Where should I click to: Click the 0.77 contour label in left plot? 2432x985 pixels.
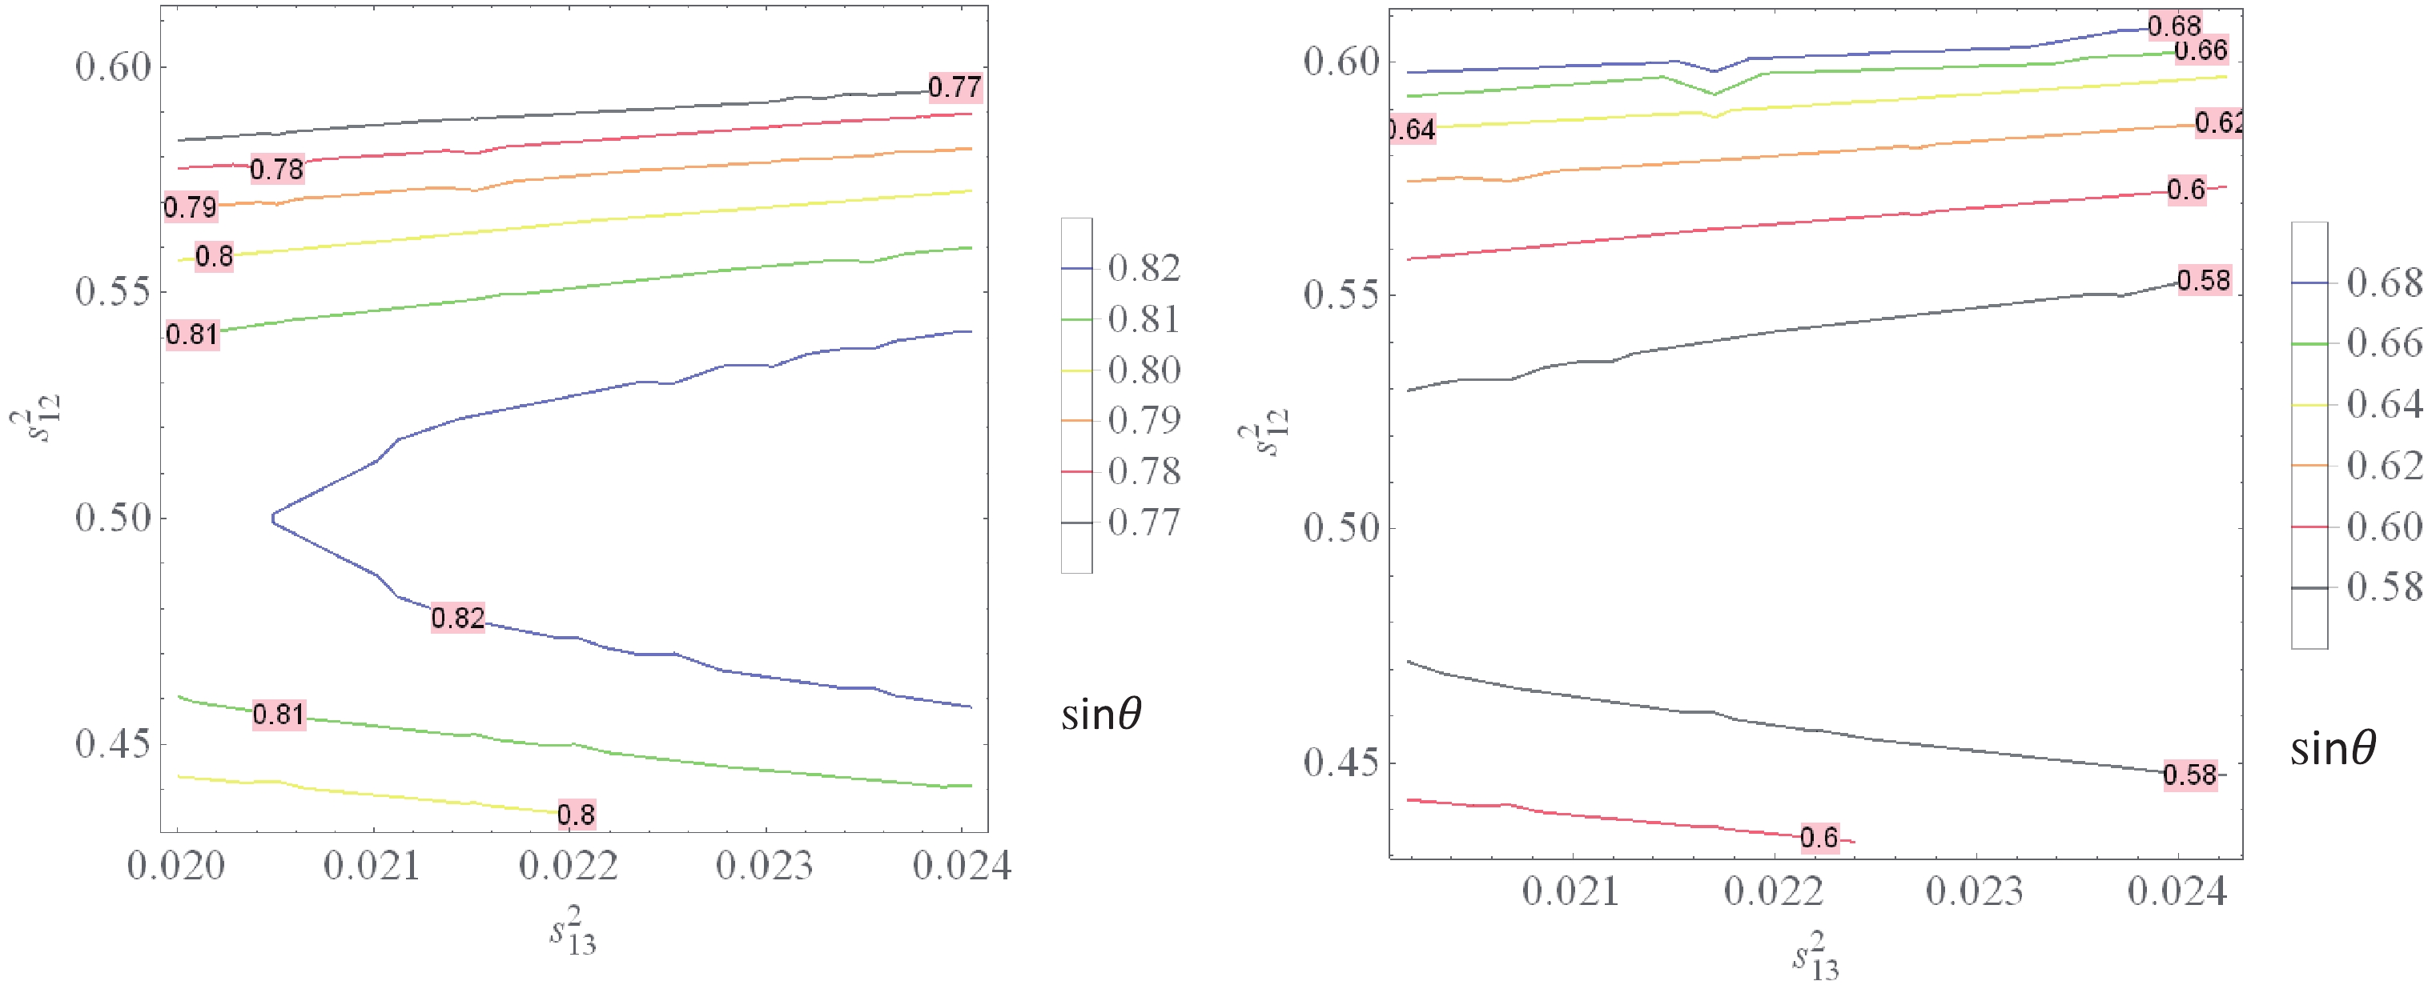click(955, 88)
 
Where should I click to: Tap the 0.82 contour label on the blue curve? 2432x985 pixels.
click(458, 618)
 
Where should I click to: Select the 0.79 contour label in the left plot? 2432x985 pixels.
click(191, 206)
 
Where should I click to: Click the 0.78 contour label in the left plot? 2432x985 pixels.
click(276, 170)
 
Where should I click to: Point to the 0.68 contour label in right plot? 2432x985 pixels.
click(2174, 26)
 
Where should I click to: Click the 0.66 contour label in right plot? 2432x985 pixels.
click(2201, 50)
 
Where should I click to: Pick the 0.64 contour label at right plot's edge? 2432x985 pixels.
click(1413, 130)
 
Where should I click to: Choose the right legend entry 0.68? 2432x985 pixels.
click(2384, 282)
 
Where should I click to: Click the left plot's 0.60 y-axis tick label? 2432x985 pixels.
click(113, 67)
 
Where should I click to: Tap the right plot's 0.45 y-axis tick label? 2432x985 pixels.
click(1341, 763)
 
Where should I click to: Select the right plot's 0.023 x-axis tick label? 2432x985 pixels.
click(1975, 891)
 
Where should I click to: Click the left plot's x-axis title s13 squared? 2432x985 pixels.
click(573, 931)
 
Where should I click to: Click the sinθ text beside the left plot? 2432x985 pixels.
click(1102, 715)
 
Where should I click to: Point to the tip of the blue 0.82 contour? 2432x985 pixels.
click(273, 518)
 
